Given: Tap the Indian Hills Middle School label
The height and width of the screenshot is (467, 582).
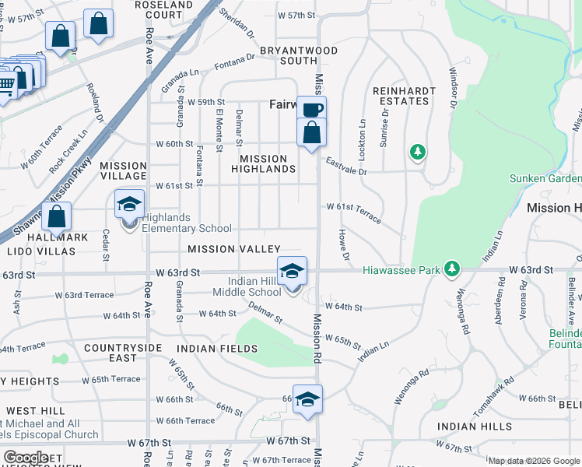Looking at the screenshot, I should click(255, 286).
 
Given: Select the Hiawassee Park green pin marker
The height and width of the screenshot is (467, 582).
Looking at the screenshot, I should click(451, 271).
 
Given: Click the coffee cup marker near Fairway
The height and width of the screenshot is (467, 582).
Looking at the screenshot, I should click(312, 110).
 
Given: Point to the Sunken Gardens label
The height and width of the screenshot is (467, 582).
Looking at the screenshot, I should click(545, 178).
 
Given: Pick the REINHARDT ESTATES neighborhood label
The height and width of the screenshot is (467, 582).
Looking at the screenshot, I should click(404, 96).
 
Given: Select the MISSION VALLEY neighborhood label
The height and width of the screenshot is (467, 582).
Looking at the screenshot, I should click(233, 249).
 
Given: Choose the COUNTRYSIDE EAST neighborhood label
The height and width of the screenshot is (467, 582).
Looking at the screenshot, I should click(123, 353).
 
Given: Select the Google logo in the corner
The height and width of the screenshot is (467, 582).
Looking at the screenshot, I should click(26, 458).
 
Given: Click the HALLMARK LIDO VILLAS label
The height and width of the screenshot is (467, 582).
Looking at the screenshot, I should click(41, 244).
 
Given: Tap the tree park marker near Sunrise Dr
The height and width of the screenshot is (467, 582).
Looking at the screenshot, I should click(419, 152).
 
